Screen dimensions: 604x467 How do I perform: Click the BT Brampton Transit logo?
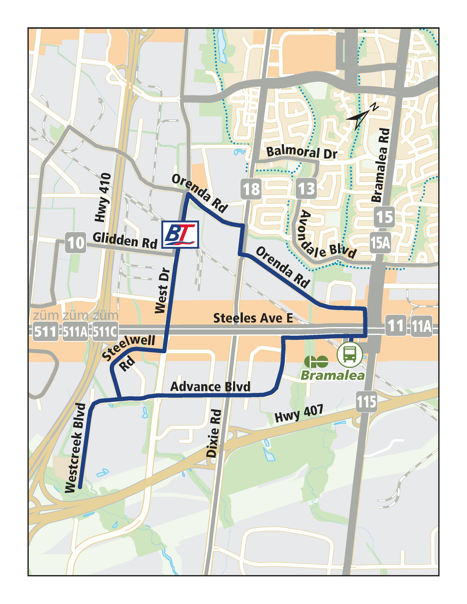click(x=180, y=234)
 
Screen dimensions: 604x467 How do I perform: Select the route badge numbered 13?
click(x=306, y=189)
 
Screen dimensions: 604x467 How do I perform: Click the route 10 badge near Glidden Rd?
click(x=75, y=243)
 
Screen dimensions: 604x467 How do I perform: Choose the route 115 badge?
click(x=366, y=401)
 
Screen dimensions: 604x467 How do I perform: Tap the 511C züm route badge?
click(x=105, y=331)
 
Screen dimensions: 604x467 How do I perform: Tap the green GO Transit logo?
click(x=316, y=361)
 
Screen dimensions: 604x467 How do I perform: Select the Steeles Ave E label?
click(x=253, y=318)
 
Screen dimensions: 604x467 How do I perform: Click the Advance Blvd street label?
click(x=210, y=387)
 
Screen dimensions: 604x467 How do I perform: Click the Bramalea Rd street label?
click(x=381, y=165)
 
